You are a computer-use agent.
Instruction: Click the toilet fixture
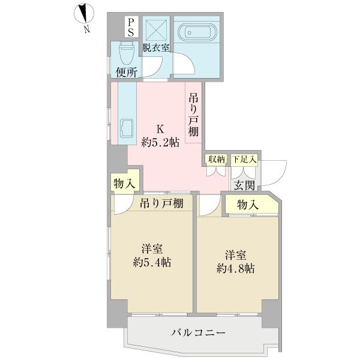125,55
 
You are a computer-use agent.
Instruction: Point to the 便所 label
127,72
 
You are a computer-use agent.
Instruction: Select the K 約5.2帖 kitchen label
160,136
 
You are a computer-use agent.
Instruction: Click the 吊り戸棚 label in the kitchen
193,115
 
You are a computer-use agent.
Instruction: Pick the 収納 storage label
215,159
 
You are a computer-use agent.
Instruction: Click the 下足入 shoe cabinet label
244,159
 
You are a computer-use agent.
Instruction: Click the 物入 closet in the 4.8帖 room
248,205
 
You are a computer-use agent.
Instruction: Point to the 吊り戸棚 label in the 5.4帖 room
161,203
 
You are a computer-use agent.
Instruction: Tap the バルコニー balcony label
198,332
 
